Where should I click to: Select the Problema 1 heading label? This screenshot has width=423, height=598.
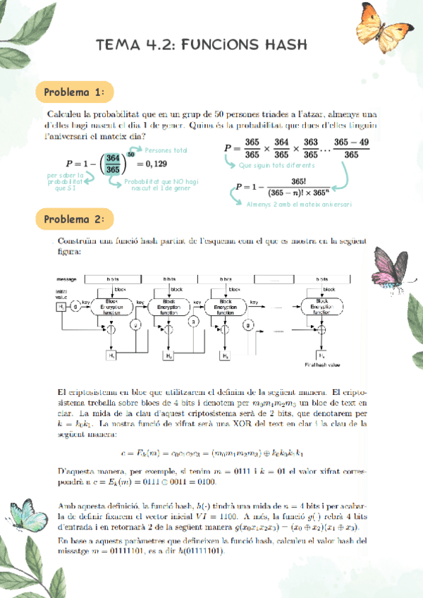click(75, 92)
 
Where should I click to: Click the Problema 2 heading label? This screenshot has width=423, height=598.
click(75, 219)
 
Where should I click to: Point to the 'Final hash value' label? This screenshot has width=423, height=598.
click(321, 365)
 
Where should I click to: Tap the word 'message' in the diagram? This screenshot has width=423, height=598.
click(68, 279)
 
